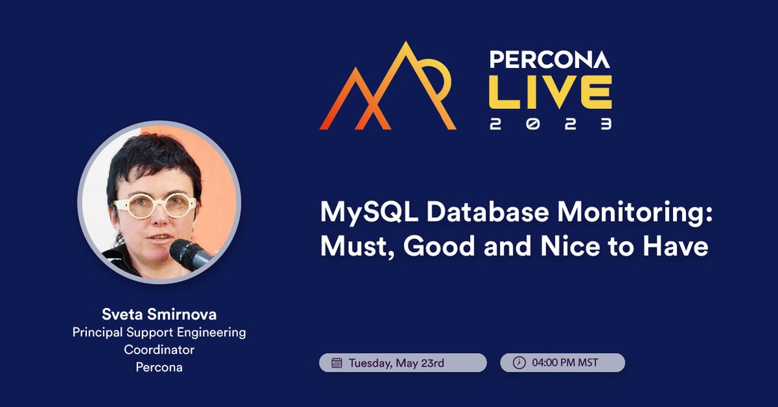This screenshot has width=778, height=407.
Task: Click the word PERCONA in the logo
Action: (549, 60)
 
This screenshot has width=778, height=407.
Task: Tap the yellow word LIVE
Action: (550, 92)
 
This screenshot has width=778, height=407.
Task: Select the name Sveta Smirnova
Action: (159, 315)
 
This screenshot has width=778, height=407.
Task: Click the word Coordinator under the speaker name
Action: (159, 350)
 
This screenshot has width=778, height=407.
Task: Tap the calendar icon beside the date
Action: (336, 363)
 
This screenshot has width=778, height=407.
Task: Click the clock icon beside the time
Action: (519, 363)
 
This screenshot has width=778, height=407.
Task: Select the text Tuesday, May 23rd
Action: (396, 363)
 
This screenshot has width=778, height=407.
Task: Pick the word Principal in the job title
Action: (98, 333)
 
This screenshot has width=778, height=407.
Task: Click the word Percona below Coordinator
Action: (159, 367)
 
